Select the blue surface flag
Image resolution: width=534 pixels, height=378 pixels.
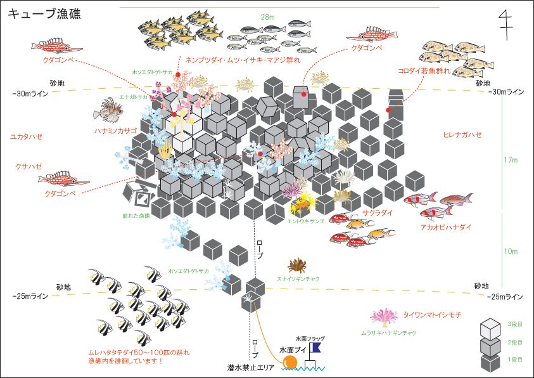coord(315,348)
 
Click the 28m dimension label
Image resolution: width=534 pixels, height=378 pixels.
coord(267,16)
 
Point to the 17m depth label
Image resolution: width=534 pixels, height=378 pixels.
coord(511,160)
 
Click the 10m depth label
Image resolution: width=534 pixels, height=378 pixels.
coord(511,251)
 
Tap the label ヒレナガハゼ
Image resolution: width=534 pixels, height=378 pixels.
coord(462,135)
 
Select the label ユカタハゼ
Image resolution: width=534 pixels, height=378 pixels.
coord(26,136)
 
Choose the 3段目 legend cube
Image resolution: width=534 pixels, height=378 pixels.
coord(491,327)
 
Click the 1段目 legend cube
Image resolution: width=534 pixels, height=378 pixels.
coord(491,363)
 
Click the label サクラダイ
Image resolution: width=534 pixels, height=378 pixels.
coord(378,213)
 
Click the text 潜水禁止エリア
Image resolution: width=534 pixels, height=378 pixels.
coord(251,367)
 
